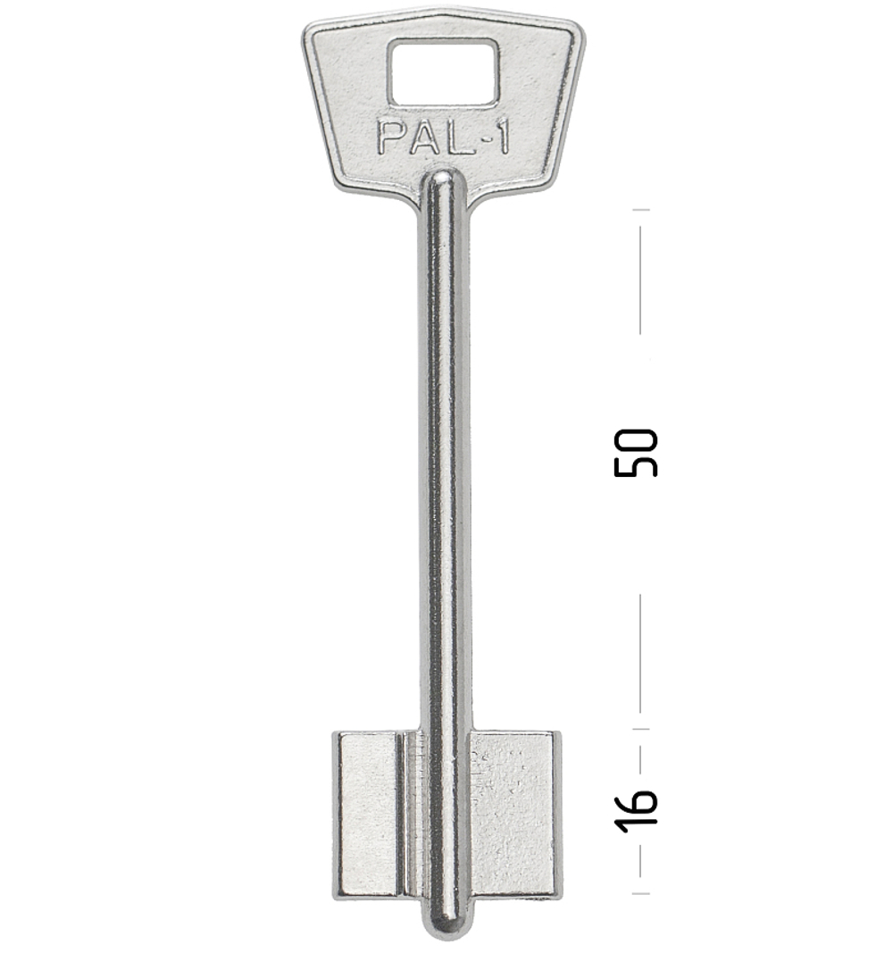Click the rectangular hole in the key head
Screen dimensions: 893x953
444,71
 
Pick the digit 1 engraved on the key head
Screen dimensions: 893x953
501,137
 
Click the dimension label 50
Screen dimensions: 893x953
636,453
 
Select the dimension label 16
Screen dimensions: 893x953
636,810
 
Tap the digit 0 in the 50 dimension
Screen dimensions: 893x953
636,440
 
